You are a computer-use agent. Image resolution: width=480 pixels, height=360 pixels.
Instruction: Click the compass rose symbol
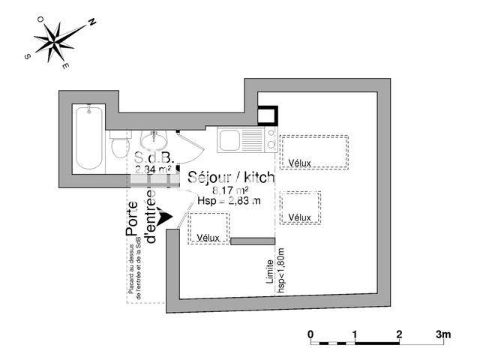[58, 40]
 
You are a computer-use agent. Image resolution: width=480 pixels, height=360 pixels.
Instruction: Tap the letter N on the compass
[91, 22]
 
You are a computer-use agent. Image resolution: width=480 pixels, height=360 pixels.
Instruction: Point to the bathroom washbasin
[155, 139]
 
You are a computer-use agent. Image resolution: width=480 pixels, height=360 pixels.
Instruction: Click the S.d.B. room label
[154, 159]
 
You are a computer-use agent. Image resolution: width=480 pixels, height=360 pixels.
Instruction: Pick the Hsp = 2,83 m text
[229, 201]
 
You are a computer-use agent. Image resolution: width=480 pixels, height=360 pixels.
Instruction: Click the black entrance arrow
[165, 215]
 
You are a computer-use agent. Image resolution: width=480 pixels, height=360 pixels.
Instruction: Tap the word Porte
[133, 220]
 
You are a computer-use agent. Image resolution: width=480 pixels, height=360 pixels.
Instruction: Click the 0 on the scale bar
[310, 333]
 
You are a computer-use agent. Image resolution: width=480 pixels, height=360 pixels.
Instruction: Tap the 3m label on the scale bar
[443, 333]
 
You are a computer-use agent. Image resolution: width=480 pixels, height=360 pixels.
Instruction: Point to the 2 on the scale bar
[399, 333]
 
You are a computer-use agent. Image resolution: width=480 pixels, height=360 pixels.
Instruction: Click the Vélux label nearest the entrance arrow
[208, 238]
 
